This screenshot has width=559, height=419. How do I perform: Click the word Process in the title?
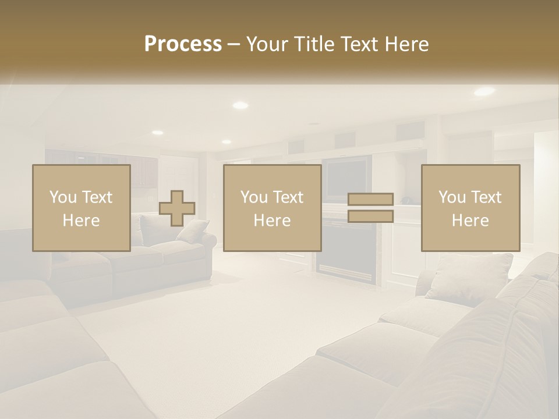[183, 44]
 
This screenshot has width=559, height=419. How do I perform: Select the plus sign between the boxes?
[177, 208]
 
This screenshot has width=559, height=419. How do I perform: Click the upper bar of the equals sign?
[370, 199]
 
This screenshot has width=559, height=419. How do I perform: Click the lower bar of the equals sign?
[370, 216]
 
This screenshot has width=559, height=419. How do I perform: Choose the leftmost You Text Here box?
[81, 208]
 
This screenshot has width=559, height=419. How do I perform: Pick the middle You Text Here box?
[272, 208]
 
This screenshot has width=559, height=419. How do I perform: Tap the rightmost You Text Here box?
[470, 208]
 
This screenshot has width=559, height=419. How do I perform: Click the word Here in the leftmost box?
[81, 221]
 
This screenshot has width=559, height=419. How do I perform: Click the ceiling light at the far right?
[484, 91]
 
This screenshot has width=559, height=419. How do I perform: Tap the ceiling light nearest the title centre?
[240, 105]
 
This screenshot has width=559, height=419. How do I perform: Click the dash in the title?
[233, 45]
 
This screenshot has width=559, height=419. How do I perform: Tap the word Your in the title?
[267, 44]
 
